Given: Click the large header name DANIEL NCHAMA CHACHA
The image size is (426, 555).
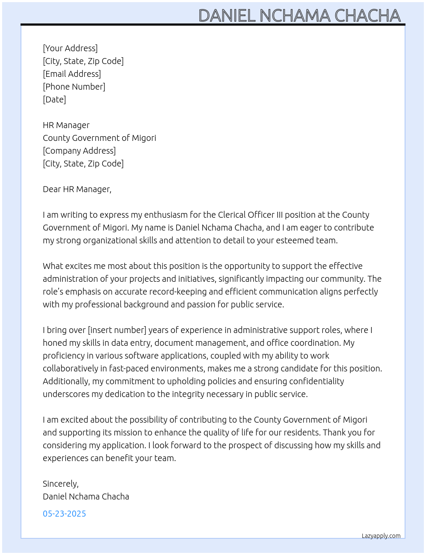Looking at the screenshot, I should coord(299,16).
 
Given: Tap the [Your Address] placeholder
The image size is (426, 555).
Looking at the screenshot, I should coord(70,48).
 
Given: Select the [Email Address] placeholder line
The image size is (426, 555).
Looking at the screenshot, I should coord(72,74).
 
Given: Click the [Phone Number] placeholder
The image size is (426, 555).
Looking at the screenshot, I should coord(74,87).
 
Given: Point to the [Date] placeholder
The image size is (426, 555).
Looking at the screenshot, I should coord(54,99).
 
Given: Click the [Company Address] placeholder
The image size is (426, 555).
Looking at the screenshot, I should coord(79,151).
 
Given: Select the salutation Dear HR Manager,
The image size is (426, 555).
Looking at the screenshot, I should coord(77,189).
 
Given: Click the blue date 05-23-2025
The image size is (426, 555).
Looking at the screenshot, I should coord(64,514).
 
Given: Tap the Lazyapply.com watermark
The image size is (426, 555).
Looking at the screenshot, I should coord(381,536).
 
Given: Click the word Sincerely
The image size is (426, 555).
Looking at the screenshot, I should coord(60,484).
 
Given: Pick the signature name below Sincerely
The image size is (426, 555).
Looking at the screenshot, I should coord(86,497).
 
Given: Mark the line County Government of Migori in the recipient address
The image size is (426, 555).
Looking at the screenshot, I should coord(99,138).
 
